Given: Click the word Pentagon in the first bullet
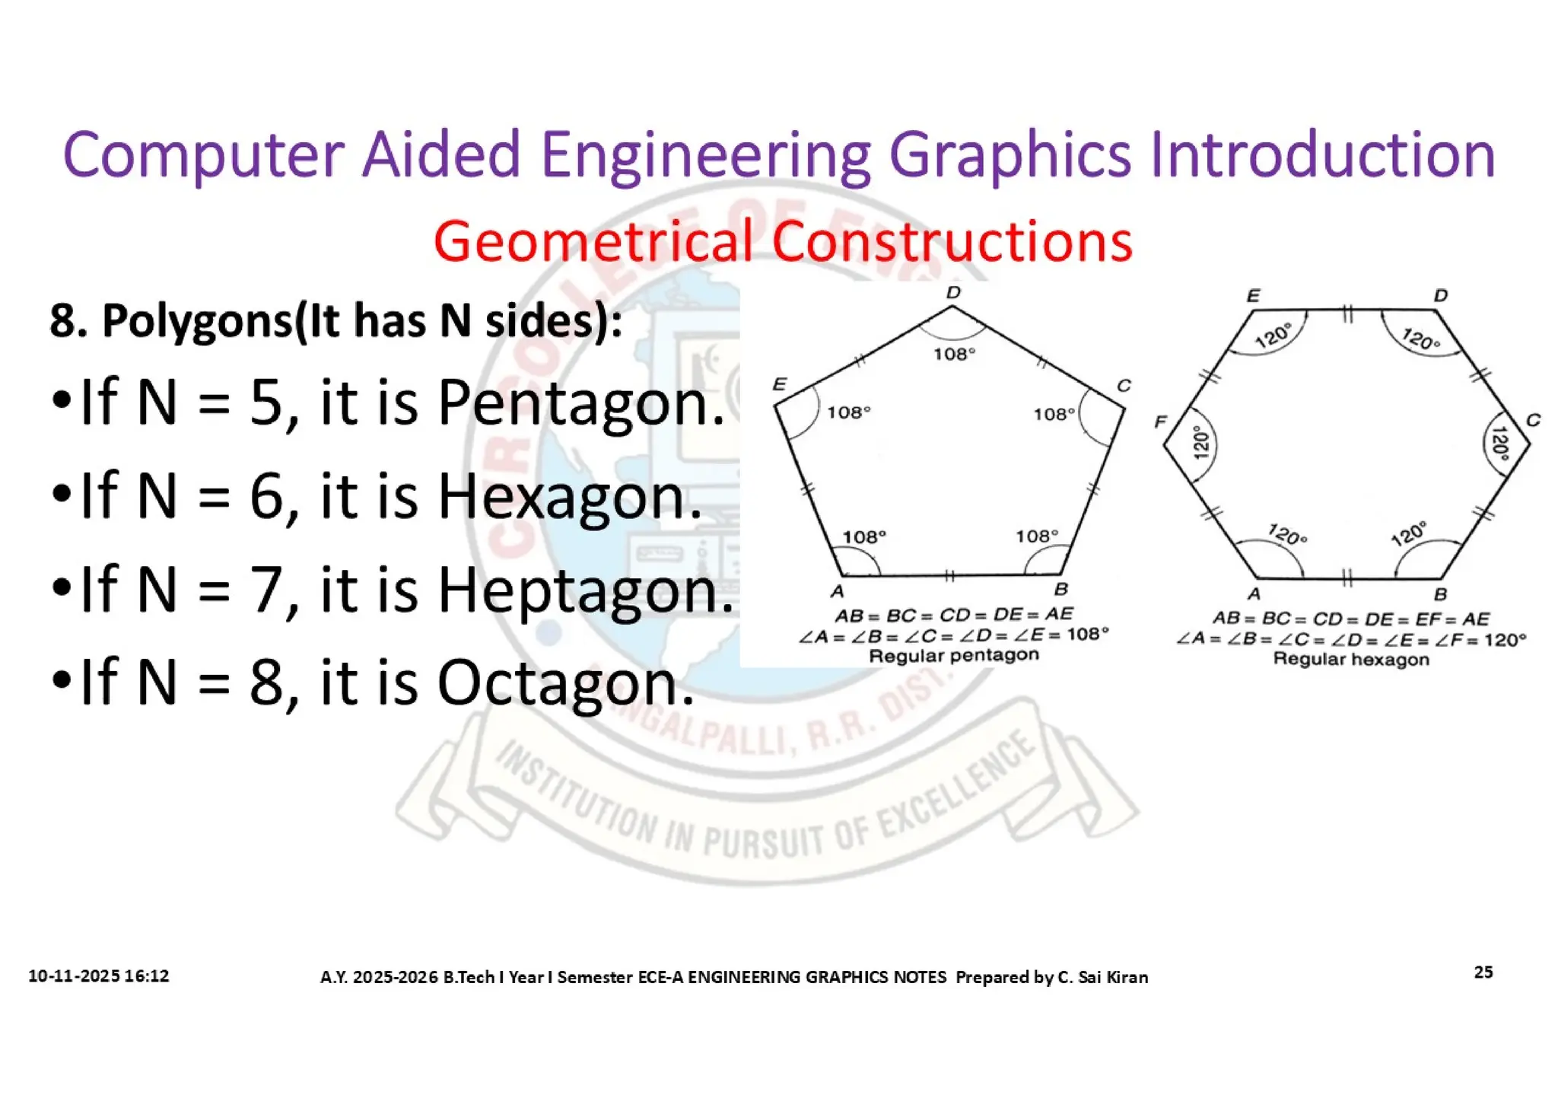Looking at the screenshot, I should [580, 403].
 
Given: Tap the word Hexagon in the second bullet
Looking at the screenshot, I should [569, 497].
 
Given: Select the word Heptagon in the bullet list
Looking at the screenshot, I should [585, 590].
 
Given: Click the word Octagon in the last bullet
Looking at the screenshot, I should [565, 683].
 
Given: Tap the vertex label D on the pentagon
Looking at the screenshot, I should [953, 293].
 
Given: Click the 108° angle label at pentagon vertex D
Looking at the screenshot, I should [954, 354].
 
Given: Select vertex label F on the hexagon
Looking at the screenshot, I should [1160, 422].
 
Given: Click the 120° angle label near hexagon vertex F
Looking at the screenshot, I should [1200, 443].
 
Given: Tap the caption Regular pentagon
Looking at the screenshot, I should [953, 656].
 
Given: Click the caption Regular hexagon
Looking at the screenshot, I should [1351, 660].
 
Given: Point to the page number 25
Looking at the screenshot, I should [1483, 972].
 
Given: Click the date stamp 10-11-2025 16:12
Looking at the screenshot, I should [99, 976].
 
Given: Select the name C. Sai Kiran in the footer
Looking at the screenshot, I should [1102, 977].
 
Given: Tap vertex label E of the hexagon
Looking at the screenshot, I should [1253, 296].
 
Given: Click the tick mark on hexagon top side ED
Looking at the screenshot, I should [1347, 312].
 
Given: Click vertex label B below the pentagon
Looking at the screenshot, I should [1061, 590].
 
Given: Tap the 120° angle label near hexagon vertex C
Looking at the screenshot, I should [1499, 444].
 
